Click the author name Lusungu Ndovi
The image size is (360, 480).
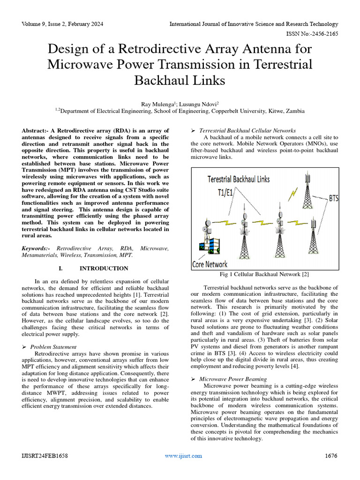(x=197, y=103)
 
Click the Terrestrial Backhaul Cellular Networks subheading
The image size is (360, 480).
(x=247, y=130)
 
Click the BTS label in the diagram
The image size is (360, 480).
(x=333, y=199)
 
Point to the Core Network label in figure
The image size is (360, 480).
(x=210, y=264)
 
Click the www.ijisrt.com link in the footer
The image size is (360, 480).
(x=183, y=456)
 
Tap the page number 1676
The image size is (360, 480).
(x=331, y=456)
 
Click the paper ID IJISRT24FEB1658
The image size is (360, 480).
(x=45, y=456)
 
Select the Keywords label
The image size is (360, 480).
(x=37, y=248)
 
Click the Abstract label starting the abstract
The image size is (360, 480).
(x=36, y=130)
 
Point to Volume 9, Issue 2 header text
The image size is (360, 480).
(x=62, y=24)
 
